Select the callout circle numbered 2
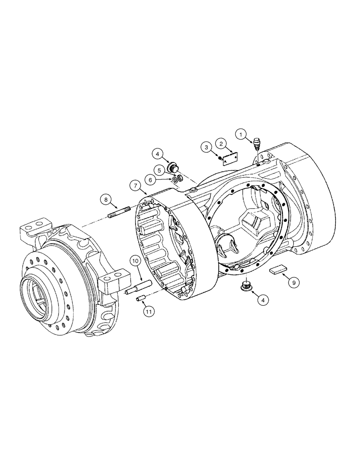[222, 144]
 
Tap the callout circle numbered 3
[206, 147]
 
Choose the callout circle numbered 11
[148, 312]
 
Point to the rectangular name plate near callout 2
[229, 159]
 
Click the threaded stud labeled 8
[120, 214]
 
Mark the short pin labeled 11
[141, 299]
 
